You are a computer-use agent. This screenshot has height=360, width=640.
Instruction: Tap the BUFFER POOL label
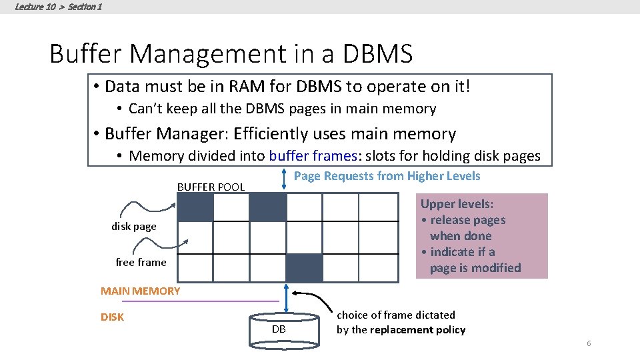click(x=211, y=187)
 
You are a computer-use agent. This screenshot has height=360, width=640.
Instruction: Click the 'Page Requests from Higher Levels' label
click(x=387, y=176)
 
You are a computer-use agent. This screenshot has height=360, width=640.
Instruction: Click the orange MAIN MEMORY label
click(x=140, y=291)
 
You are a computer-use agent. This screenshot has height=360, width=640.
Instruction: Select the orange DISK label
click(x=112, y=317)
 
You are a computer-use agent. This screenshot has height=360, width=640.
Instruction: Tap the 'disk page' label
click(x=134, y=227)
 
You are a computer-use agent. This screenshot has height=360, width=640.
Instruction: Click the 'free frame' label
click(x=141, y=263)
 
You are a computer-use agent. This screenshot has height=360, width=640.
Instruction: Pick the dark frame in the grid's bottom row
click(x=304, y=268)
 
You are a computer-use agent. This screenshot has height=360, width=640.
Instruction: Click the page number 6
click(x=589, y=343)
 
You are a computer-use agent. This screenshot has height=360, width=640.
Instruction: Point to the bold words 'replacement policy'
click(x=427, y=330)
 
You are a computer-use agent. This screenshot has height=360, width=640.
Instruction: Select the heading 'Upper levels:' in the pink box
click(x=457, y=204)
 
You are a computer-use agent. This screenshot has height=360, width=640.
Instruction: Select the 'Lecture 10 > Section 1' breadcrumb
click(x=58, y=7)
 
